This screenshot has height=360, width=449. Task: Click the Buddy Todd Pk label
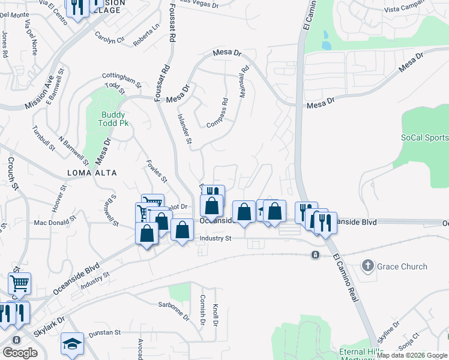113,119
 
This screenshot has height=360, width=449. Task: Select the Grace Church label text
402,266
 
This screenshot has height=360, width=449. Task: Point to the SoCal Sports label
424,137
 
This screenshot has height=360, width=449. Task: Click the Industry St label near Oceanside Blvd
215,238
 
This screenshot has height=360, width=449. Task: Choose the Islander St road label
184,130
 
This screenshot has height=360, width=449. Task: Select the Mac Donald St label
56,223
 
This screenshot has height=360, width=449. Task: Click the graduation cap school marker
72,344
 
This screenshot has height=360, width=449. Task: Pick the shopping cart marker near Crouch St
20,282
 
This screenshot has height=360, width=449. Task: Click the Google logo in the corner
20,353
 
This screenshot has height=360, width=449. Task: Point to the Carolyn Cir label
109,37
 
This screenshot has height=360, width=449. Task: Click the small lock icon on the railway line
315,255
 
